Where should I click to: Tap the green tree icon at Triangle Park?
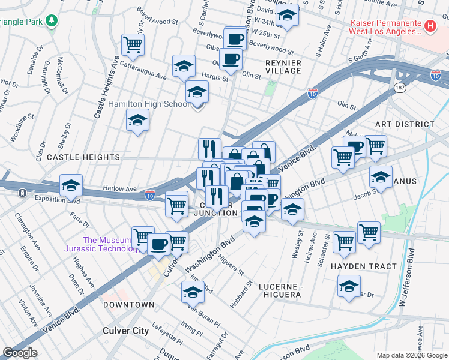(x=52, y=22)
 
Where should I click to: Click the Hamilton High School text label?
(x=149, y=104)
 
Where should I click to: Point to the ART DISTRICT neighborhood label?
(x=404, y=124)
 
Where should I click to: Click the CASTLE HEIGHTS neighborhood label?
(x=83, y=157)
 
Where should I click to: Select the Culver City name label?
(x=125, y=331)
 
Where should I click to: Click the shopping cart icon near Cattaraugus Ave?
(x=133, y=44)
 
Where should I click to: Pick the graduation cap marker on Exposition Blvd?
(x=71, y=186)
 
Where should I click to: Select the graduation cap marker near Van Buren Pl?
(x=193, y=292)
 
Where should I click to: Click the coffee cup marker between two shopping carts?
(x=159, y=244)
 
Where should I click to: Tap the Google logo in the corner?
(x=20, y=353)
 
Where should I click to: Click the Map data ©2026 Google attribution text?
(x=411, y=355)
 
